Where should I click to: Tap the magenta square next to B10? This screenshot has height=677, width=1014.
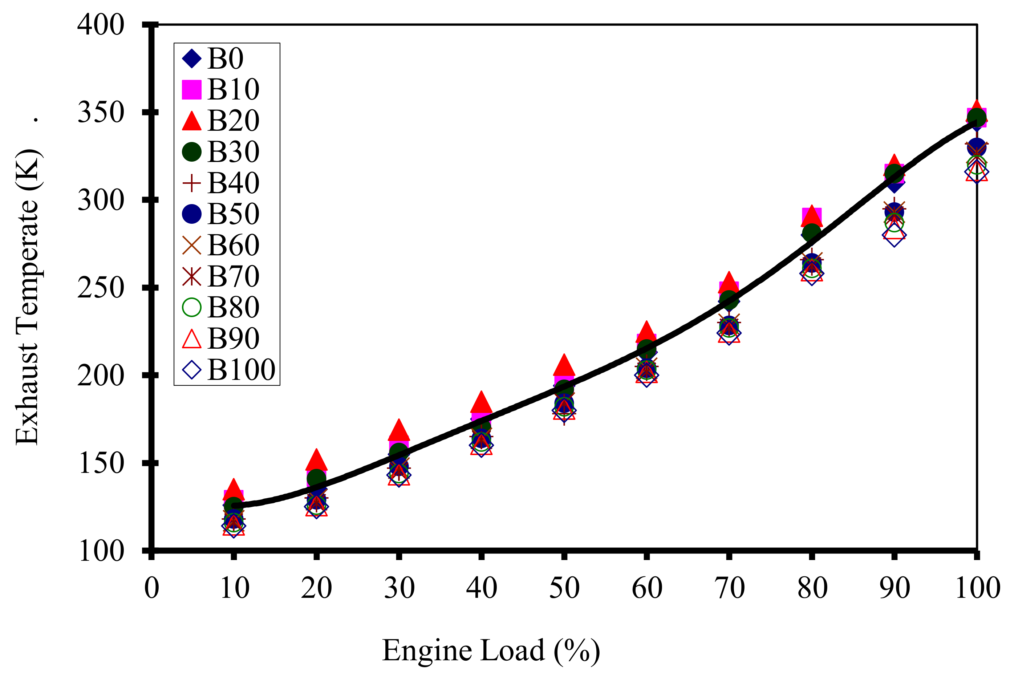point(192,90)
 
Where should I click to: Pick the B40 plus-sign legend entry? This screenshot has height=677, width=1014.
point(192,183)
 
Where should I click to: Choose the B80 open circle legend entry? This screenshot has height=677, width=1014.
point(192,307)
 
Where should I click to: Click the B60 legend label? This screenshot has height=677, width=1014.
point(233,245)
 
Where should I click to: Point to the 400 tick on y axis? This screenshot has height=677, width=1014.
point(101,25)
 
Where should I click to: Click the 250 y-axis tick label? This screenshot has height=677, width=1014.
point(101,288)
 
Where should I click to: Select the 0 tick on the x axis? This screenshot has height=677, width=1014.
point(151,588)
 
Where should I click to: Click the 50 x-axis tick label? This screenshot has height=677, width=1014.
point(564,588)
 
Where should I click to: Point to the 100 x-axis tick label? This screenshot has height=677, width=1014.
point(977,588)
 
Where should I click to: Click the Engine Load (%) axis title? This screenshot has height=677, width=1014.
point(491,650)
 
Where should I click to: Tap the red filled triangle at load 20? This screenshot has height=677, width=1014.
point(316,460)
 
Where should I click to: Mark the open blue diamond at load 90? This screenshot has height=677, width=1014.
point(895,235)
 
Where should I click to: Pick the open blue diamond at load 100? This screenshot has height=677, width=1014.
point(977,172)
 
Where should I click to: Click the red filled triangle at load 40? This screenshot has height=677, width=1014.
point(481,403)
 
